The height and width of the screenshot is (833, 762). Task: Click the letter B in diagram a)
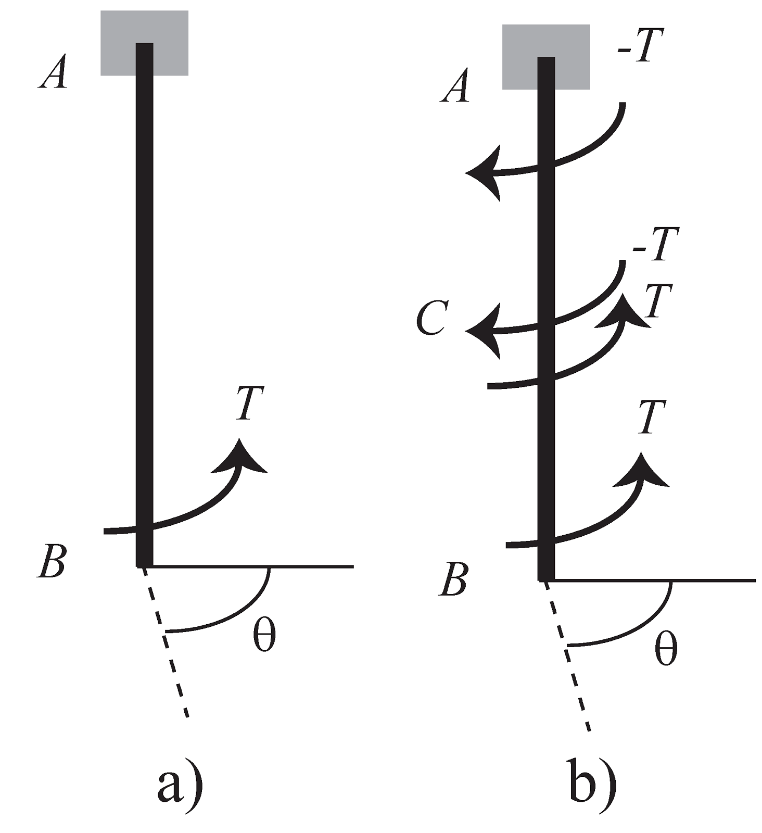click(x=52, y=563)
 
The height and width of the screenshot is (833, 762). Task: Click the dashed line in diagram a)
click(x=166, y=642)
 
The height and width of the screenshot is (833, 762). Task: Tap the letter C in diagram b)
click(x=431, y=319)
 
